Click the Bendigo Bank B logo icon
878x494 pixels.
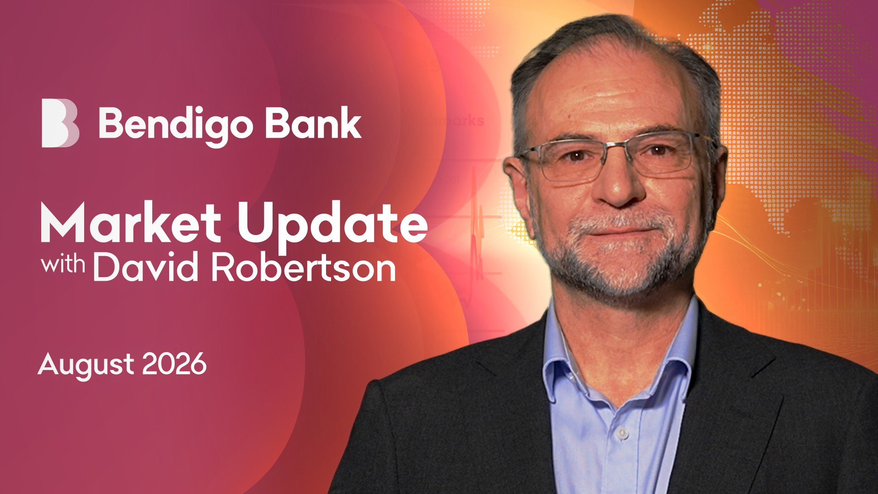pos(60,123)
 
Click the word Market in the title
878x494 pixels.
pos(131,222)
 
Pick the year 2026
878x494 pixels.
pos(174,364)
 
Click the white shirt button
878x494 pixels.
pos(621,432)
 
